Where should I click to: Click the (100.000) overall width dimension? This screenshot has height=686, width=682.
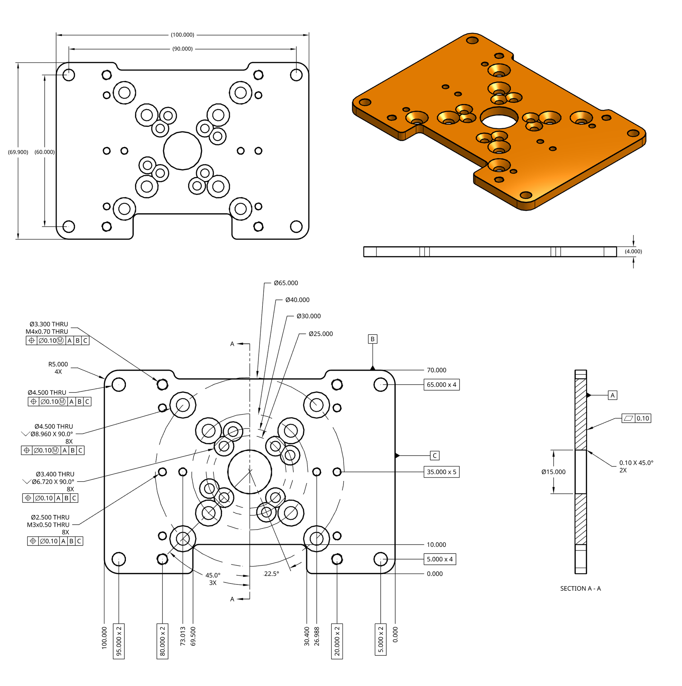point(182,35)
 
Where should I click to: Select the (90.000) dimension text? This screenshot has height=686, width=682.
point(182,49)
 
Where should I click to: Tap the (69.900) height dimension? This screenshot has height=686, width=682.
point(18,152)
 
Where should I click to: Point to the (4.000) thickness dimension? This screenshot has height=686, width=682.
point(633,251)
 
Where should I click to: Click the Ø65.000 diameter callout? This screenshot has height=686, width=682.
point(286,283)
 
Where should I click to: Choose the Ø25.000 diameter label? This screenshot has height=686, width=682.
point(320,334)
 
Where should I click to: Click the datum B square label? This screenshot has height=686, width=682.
point(372,339)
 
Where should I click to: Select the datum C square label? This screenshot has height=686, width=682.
point(435,456)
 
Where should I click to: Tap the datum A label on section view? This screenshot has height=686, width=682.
point(612,395)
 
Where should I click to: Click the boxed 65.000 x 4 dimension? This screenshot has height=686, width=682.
point(441,384)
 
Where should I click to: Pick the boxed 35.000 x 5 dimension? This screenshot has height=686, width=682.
point(441,472)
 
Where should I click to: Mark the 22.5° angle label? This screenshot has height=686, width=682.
point(271,574)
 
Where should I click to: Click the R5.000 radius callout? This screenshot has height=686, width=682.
point(58,364)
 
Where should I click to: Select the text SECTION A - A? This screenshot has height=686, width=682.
point(580,589)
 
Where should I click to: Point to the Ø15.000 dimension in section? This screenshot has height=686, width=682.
point(553,472)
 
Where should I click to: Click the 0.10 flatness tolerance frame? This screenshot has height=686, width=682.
point(636,418)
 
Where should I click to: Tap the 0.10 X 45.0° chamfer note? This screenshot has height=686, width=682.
point(636,463)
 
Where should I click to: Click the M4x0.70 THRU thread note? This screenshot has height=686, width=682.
point(47,332)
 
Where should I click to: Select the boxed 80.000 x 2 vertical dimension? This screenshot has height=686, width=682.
point(162,641)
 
